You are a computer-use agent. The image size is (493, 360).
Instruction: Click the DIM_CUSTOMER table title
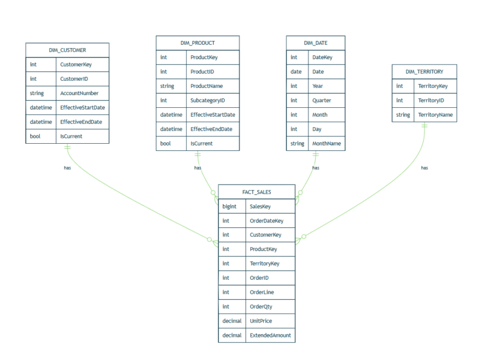(67, 50)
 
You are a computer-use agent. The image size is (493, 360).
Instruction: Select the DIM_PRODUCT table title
(198, 43)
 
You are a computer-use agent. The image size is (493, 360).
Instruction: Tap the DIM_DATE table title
(315, 43)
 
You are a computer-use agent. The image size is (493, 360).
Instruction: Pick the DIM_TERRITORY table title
(424, 72)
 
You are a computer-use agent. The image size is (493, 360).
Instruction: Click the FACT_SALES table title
(257, 192)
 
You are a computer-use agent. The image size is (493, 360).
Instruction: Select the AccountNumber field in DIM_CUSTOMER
(80, 93)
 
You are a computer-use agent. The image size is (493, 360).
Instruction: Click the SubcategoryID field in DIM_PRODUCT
(207, 100)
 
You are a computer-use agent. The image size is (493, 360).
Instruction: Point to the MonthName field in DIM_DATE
(327, 144)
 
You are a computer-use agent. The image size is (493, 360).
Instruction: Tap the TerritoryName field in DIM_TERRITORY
(435, 115)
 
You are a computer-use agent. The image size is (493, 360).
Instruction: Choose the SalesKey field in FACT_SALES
(261, 207)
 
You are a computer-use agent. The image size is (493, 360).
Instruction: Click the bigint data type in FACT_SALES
(229, 207)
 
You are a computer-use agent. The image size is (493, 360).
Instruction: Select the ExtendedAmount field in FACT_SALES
(270, 335)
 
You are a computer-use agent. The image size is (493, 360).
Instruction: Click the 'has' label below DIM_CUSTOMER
(67, 168)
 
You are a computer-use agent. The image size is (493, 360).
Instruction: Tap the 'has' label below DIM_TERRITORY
(424, 168)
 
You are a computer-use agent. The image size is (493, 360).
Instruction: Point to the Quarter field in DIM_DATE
(322, 100)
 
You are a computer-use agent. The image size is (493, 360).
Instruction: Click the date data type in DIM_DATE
(296, 72)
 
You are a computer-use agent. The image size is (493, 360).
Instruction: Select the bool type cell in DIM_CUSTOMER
(35, 136)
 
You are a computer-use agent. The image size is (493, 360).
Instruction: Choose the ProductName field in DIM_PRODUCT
(207, 86)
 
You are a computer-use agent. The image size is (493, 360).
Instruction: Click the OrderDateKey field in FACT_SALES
(266, 221)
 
